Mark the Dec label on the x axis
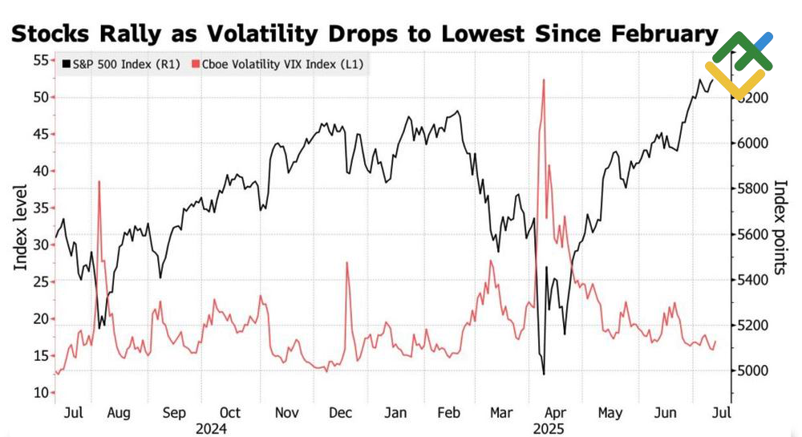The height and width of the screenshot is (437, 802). click(x=342, y=413)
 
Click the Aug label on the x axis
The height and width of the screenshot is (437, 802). click(x=118, y=413)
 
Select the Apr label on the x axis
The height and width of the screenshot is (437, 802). click(x=556, y=413)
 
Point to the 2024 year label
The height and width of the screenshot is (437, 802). click(x=212, y=429)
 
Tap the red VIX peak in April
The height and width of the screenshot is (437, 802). click(x=544, y=80)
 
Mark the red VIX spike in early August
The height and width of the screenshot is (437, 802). click(x=99, y=182)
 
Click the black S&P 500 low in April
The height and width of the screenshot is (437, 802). click(x=544, y=374)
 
